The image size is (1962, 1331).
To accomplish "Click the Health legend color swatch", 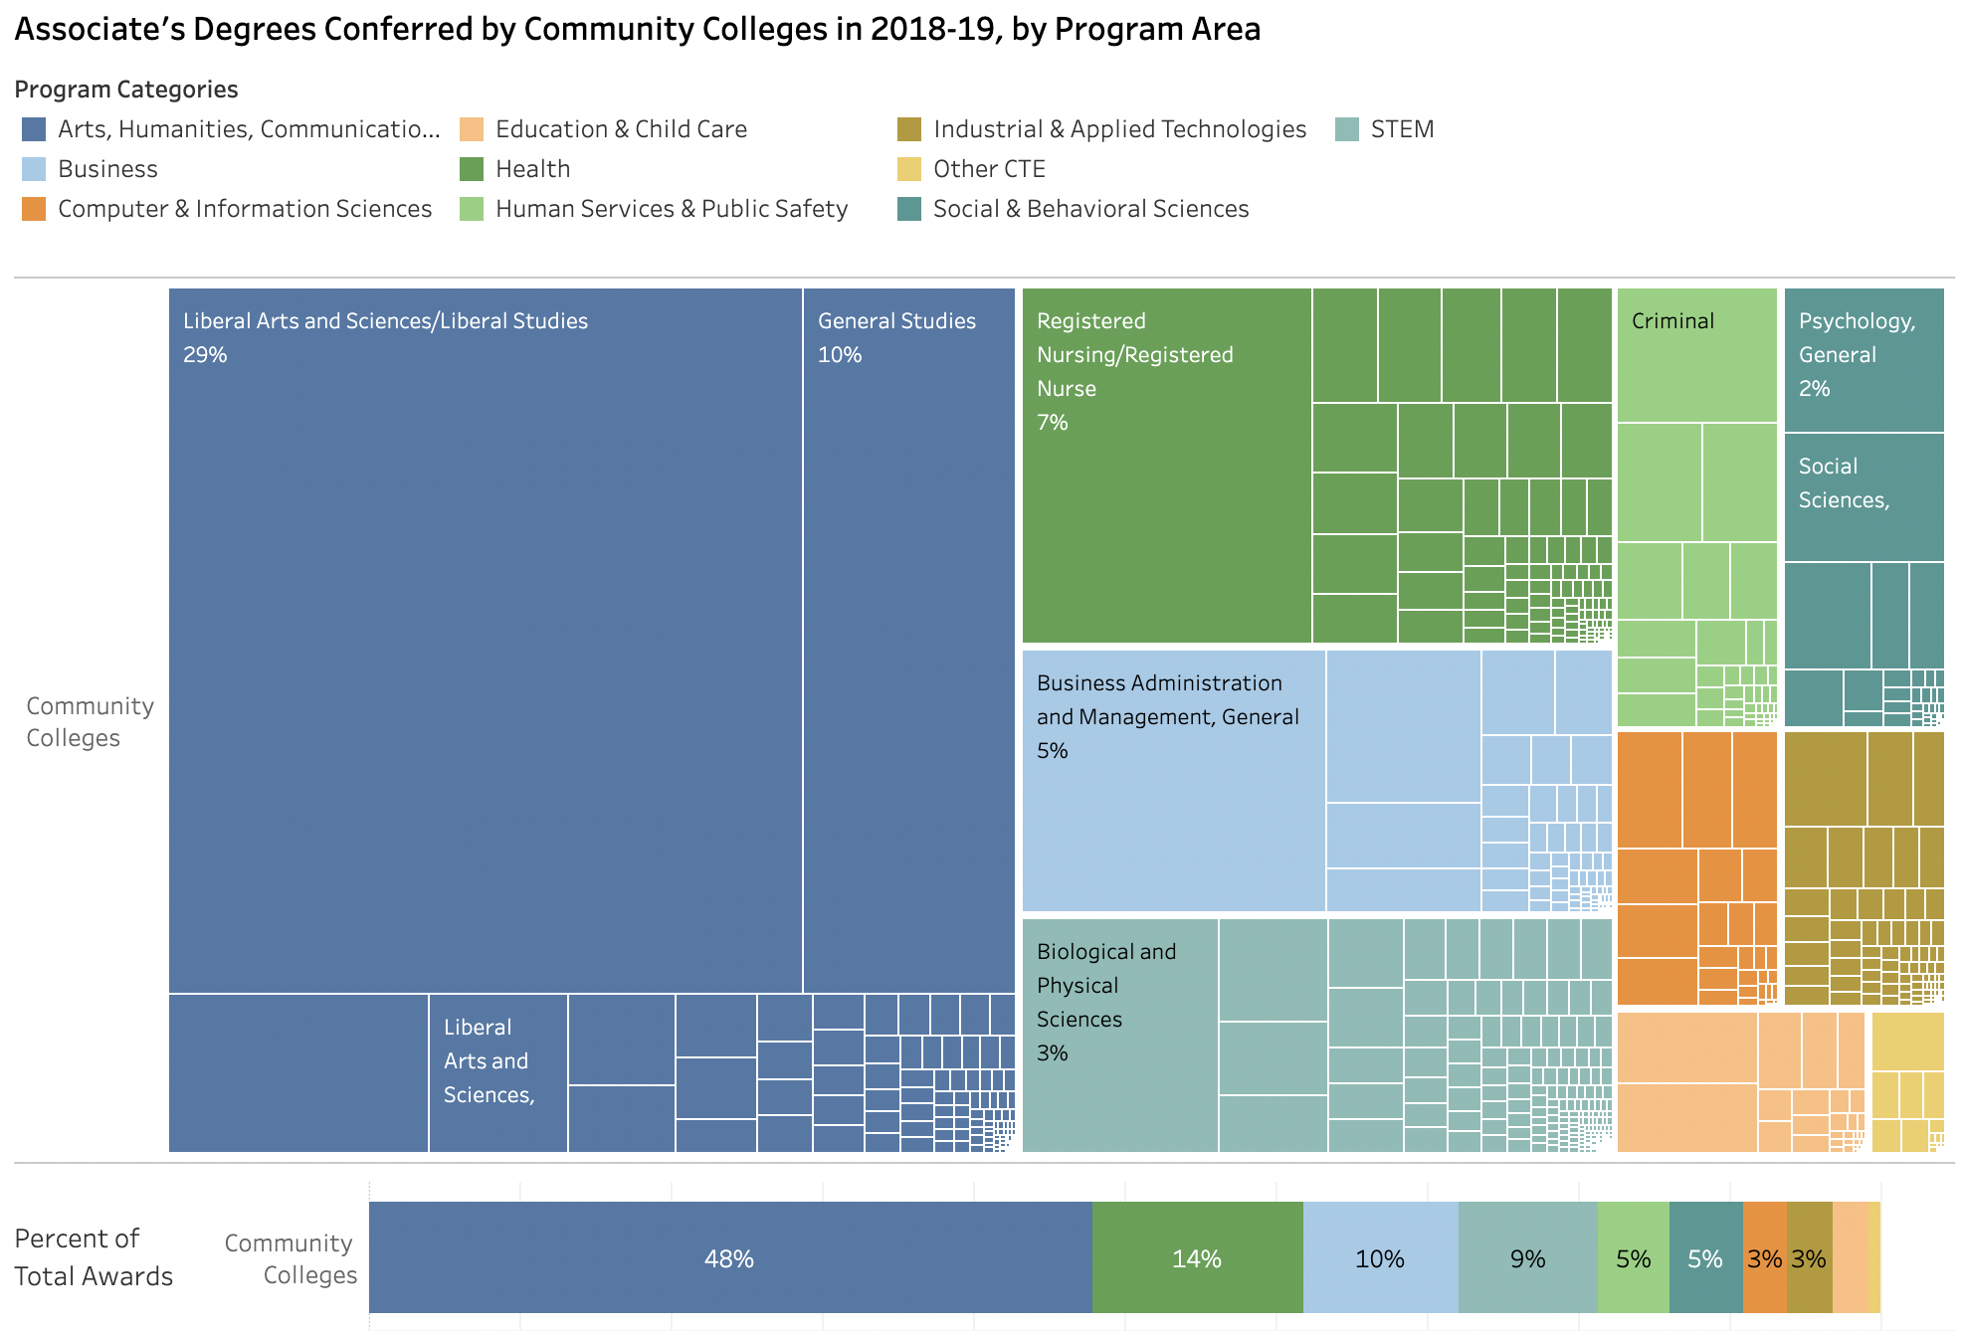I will click(x=472, y=169).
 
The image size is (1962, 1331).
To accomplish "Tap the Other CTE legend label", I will click(x=989, y=169).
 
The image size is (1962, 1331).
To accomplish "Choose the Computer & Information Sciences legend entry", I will click(x=244, y=209).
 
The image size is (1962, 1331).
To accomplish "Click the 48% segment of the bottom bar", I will click(x=729, y=1258).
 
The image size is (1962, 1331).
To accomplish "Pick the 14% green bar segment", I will click(x=1197, y=1258).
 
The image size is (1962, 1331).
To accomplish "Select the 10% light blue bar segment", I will click(x=1380, y=1258).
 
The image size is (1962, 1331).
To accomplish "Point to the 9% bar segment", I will click(x=1527, y=1258).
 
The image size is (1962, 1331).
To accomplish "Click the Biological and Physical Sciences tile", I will click(x=1119, y=1035).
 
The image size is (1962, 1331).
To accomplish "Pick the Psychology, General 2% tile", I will click(x=1864, y=359).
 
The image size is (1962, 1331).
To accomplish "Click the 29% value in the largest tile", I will click(x=205, y=355).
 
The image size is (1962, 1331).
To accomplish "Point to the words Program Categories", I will click(x=126, y=90).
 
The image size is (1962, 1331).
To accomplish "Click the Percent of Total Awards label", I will click(x=94, y=1257).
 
